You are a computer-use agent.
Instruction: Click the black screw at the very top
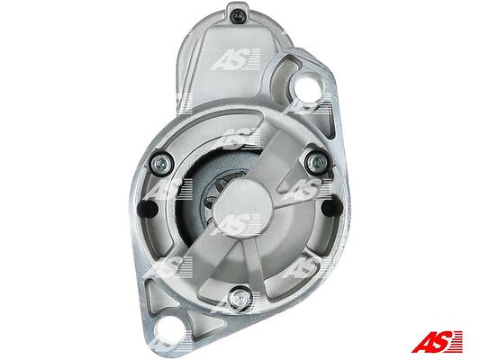(239, 15)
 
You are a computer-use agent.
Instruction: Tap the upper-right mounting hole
(307, 85)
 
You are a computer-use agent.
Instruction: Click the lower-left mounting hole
(170, 330)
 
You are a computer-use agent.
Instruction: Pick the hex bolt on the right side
(317, 160)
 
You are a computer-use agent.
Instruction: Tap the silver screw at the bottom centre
(240, 297)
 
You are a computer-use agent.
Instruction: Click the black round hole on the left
(148, 208)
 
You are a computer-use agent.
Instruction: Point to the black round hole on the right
(332, 206)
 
